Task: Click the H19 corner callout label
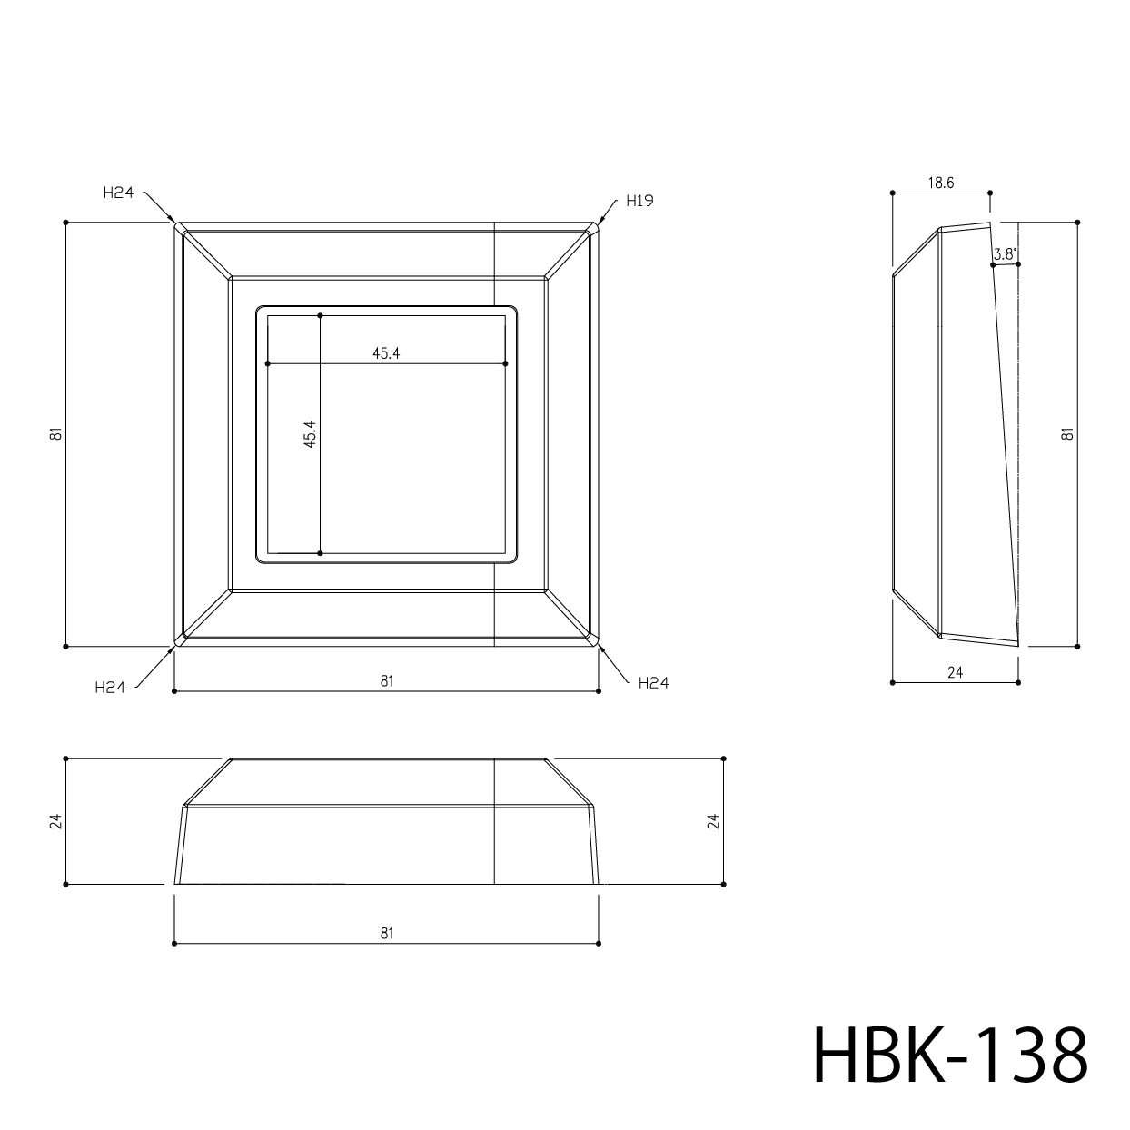coord(639,201)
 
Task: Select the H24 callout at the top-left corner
coord(118,193)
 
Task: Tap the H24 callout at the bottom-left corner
coord(110,688)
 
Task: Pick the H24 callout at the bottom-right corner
coord(654,682)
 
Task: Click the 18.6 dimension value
coord(940,183)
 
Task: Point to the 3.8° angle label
coord(1005,254)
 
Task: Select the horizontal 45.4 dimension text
coord(386,353)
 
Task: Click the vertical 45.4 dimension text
coord(311,434)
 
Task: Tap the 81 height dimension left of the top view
coord(55,434)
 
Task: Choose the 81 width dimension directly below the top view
coord(386,680)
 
